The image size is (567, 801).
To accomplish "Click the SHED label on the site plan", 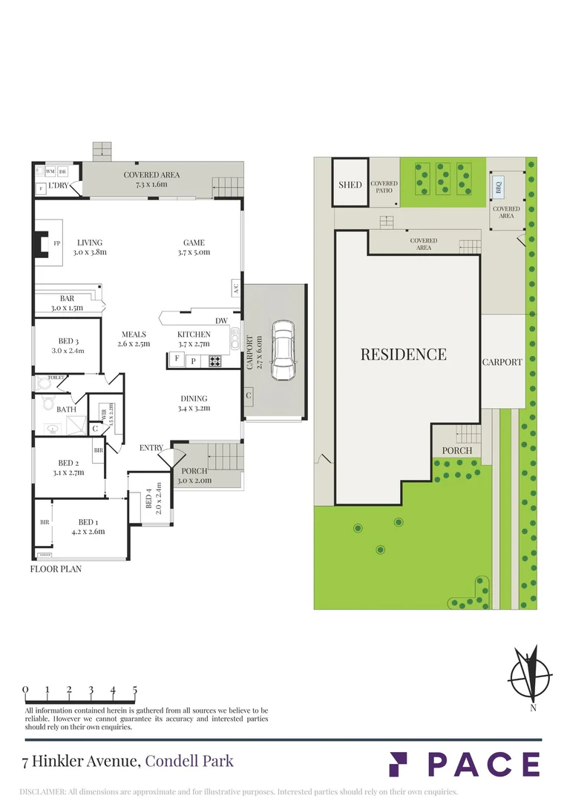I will click(x=350, y=184).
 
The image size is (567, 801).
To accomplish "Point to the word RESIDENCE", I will click(x=404, y=355).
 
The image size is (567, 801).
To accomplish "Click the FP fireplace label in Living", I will click(x=56, y=243).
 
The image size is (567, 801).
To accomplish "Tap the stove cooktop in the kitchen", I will click(x=215, y=361).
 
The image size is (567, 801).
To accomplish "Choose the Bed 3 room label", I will click(x=68, y=346).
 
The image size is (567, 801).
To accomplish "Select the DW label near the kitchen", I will click(x=221, y=320).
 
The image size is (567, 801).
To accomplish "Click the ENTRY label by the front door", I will click(x=152, y=448).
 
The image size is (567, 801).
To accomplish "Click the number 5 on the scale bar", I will click(x=135, y=690).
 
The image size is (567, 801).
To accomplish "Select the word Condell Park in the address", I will click(x=189, y=761).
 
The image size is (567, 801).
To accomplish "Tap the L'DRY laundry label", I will click(x=59, y=185).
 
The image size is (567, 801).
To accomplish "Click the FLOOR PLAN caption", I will click(x=56, y=570).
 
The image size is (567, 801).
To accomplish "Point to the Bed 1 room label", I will click(x=87, y=525).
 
